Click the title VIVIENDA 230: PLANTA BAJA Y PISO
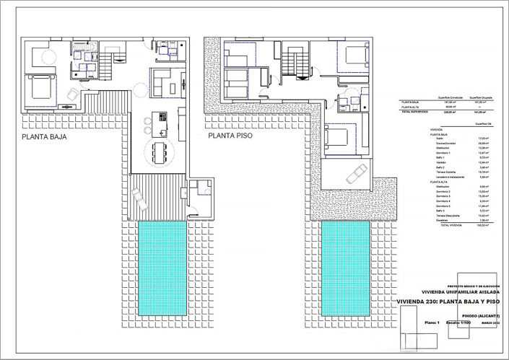tap(448, 302)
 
